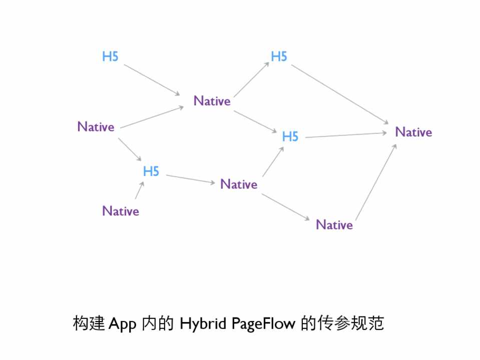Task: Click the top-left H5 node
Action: pyautogui.click(x=110, y=56)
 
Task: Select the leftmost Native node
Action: pyautogui.click(x=96, y=127)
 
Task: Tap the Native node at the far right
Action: pyautogui.click(x=413, y=132)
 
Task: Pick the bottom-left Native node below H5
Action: pyautogui.click(x=121, y=211)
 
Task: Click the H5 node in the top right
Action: pyautogui.click(x=279, y=56)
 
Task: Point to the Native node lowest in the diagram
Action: pyautogui.click(x=334, y=225)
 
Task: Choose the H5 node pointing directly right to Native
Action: pyautogui.click(x=290, y=136)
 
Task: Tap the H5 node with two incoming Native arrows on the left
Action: pyautogui.click(x=151, y=171)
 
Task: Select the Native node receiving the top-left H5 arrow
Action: pyautogui.click(x=212, y=101)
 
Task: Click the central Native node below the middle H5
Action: pyautogui.click(x=239, y=184)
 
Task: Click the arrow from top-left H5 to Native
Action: pyautogui.click(x=152, y=79)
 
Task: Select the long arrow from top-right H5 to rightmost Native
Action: pyautogui.click(x=340, y=94)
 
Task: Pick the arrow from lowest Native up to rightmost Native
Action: pyautogui.click(x=375, y=182)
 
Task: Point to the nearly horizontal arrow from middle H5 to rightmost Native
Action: pyautogui.click(x=345, y=135)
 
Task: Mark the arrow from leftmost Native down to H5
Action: pyautogui.click(x=130, y=149)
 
